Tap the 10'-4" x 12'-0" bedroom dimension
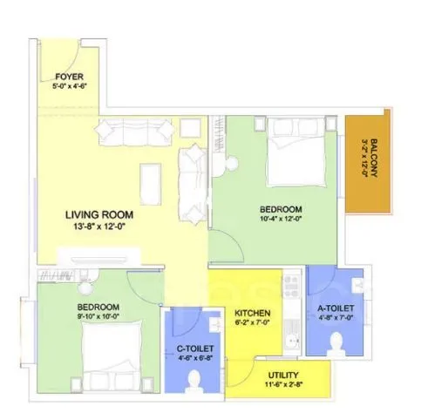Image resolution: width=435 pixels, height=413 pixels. pos(281,221)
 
